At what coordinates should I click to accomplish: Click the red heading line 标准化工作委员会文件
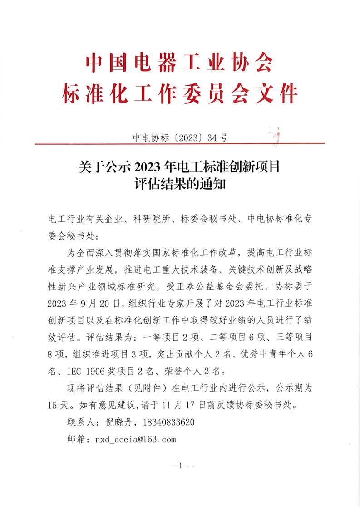(x=180, y=94)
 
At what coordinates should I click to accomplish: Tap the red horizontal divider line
(x=180, y=144)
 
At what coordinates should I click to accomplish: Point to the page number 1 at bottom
(x=180, y=465)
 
